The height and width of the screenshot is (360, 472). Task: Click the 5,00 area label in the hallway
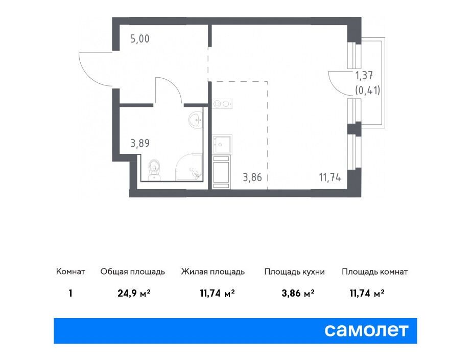pyautogui.click(x=139, y=39)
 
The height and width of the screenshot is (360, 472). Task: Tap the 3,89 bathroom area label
pyautogui.click(x=140, y=143)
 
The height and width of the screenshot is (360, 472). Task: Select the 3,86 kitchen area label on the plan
pyautogui.click(x=252, y=177)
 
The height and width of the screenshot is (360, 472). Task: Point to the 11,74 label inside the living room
pyautogui.click(x=330, y=177)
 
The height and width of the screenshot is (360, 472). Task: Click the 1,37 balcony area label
pyautogui.click(x=364, y=75)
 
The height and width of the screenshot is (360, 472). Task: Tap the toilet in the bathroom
pyautogui.click(x=154, y=170)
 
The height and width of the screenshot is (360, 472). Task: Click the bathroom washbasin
pyautogui.click(x=196, y=120)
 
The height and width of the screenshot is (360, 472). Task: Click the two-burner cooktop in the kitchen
pyautogui.click(x=222, y=104)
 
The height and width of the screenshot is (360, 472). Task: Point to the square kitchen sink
pyautogui.click(x=222, y=144)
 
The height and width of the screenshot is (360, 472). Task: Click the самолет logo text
pyautogui.click(x=366, y=330)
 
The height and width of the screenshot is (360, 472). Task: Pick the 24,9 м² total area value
pyautogui.click(x=134, y=293)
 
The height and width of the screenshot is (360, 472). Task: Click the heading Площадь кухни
pyautogui.click(x=294, y=272)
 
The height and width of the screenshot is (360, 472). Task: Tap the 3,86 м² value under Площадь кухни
pyautogui.click(x=298, y=293)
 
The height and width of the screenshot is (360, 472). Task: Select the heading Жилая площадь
pyautogui.click(x=213, y=272)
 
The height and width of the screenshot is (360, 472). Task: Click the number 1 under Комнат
pyautogui.click(x=70, y=293)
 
